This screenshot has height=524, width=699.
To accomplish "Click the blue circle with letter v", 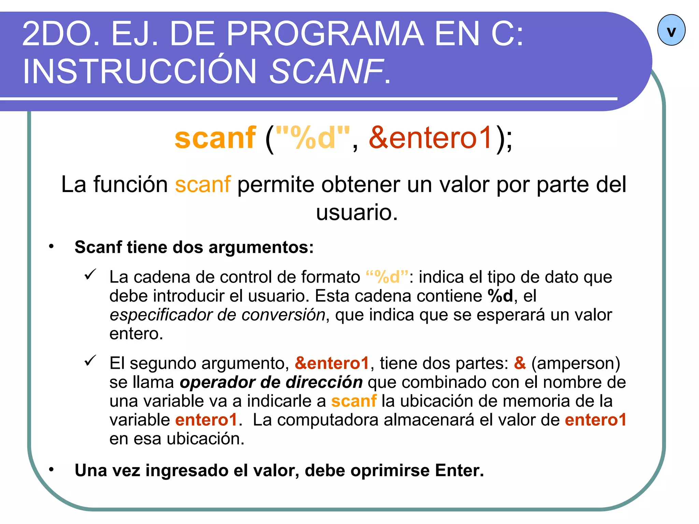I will [x=671, y=30].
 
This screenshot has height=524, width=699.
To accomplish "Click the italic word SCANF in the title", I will [x=326, y=71].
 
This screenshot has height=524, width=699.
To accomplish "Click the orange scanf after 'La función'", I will [x=203, y=185].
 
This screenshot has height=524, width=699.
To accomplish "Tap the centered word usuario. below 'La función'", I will [x=357, y=212].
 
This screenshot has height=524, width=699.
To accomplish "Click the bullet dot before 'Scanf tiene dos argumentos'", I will [x=51, y=246].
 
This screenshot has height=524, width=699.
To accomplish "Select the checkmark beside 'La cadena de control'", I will [x=90, y=274].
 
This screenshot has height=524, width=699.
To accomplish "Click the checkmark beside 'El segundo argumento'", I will [x=90, y=361].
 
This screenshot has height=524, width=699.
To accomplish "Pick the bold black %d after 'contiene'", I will [x=500, y=296].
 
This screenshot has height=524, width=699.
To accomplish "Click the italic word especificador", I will [x=160, y=315].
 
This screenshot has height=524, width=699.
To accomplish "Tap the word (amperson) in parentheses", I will [x=575, y=363].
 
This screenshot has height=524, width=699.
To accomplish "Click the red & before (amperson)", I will [x=520, y=363].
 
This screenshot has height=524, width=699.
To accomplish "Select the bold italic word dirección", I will [x=324, y=382].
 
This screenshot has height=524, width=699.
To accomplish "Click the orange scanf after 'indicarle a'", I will [x=354, y=401].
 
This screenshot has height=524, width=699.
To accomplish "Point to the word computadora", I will [x=328, y=420].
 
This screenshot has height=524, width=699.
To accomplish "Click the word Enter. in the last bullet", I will [x=459, y=470].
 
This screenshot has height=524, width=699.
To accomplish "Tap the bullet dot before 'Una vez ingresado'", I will [x=51, y=470].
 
